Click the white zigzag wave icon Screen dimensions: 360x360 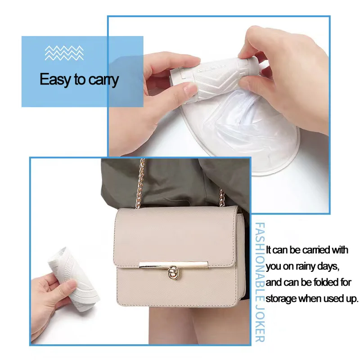64,53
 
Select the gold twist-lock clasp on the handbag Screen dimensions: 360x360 173,272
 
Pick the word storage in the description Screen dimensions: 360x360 281,299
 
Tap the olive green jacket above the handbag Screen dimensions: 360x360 175,181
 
